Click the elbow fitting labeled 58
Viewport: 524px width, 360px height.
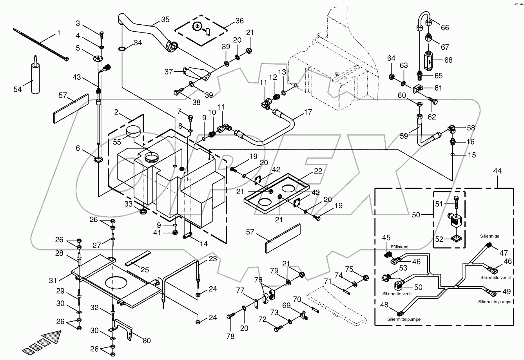point(452,128)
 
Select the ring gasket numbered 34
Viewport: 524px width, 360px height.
point(121,49)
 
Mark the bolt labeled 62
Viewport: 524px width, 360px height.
point(432,101)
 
